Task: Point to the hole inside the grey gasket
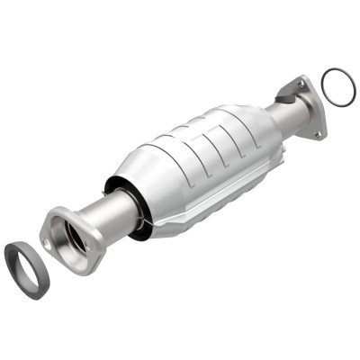[28, 270]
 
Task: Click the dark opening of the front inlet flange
[68, 235]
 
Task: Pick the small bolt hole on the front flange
[52, 221]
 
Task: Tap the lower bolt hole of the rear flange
[316, 135]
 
